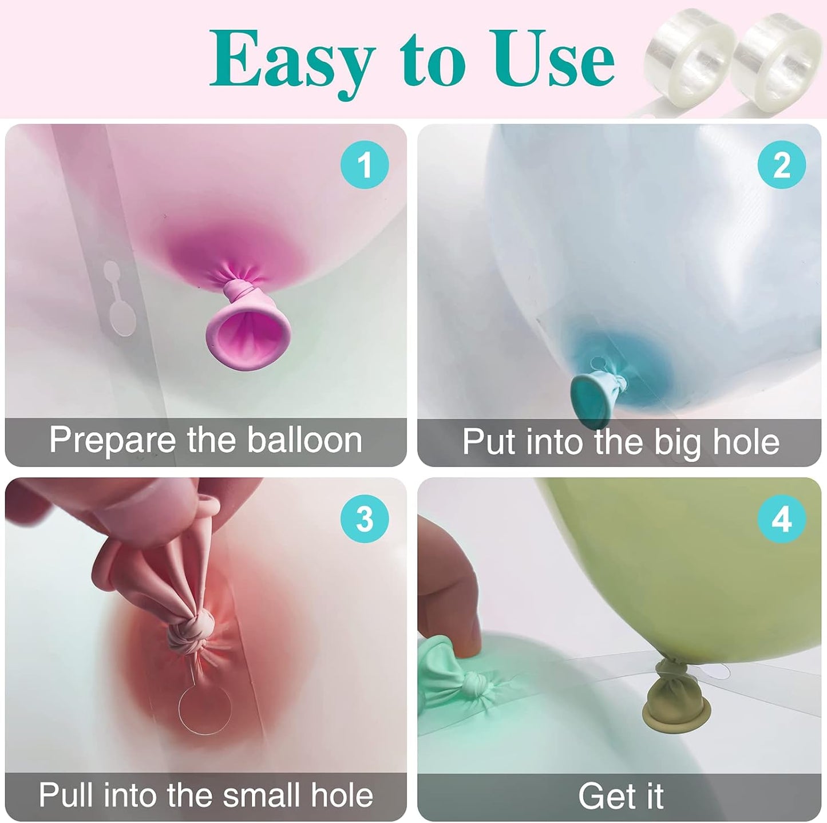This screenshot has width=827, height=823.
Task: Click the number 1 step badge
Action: coord(365,164)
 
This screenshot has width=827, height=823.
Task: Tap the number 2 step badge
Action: coord(781,164)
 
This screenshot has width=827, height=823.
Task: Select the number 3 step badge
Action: coord(365,519)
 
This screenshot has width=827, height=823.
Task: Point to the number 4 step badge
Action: coord(781,519)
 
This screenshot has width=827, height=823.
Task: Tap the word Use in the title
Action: coord(553,57)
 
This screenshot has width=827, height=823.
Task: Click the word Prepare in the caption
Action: coord(113,441)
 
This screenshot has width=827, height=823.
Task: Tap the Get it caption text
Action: coord(620,796)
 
